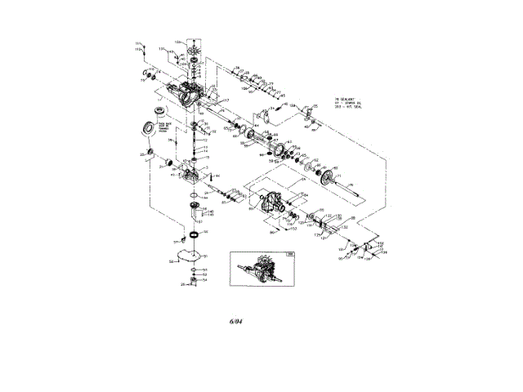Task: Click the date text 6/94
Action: point(236,321)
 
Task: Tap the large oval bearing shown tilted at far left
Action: point(151,127)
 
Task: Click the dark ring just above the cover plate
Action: point(194,235)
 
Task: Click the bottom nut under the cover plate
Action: point(194,283)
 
